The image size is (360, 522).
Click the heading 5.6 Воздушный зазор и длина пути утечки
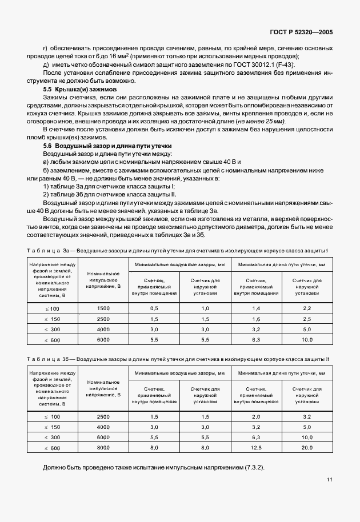tap(100, 146)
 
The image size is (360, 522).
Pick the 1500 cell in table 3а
tap(103, 308)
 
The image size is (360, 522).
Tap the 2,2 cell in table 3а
tap(307, 308)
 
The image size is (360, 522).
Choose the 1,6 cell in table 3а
tap(255, 319)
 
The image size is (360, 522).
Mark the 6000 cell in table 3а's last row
tap(103, 339)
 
